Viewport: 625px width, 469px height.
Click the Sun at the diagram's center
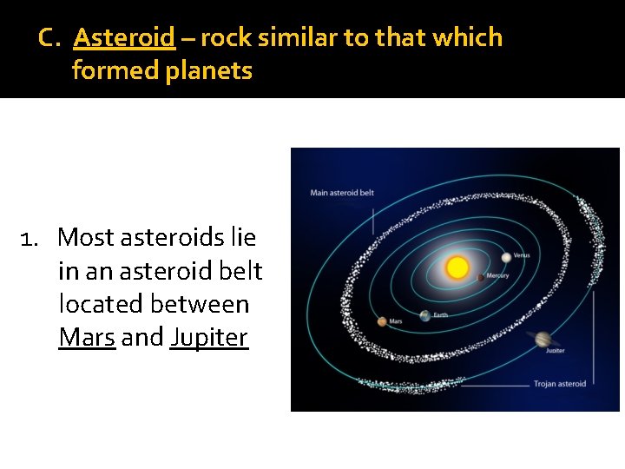pyautogui.click(x=457, y=268)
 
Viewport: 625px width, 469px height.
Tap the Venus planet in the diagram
pyautogui.click(x=506, y=257)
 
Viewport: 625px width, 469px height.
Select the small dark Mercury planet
pyautogui.click(x=481, y=277)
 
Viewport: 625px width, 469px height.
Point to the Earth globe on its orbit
pyautogui.click(x=425, y=316)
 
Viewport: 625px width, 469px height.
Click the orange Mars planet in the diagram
pyautogui.click(x=382, y=321)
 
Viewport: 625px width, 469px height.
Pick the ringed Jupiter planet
pyautogui.click(x=543, y=339)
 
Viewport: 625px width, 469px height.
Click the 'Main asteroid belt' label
pyautogui.click(x=342, y=193)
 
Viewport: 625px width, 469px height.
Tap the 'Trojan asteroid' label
pyautogui.click(x=559, y=384)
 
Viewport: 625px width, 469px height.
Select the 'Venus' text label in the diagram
pyautogui.click(x=522, y=256)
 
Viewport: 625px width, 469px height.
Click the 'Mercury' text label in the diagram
pyautogui.click(x=497, y=276)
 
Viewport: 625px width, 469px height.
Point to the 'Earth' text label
pyautogui.click(x=440, y=315)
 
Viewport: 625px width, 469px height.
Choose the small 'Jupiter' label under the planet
pyautogui.click(x=555, y=351)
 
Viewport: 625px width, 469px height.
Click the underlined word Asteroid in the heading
pyautogui.click(x=124, y=38)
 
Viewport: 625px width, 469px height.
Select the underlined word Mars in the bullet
pyautogui.click(x=87, y=338)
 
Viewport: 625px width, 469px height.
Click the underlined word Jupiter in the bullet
pyautogui.click(x=209, y=338)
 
